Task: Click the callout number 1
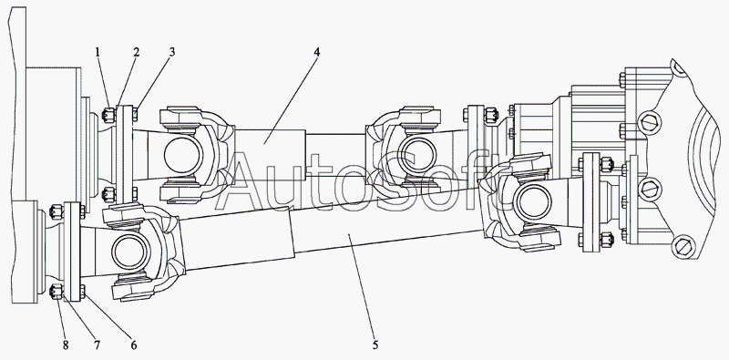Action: (x=98, y=52)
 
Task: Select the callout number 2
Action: (x=136, y=52)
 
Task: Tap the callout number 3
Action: (x=172, y=52)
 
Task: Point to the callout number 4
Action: (x=316, y=52)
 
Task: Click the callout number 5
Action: (x=375, y=345)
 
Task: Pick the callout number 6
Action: (x=133, y=345)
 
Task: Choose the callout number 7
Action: (x=98, y=345)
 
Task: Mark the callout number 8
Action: (x=66, y=345)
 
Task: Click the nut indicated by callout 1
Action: (x=108, y=115)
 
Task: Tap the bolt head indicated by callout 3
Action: (x=135, y=114)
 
